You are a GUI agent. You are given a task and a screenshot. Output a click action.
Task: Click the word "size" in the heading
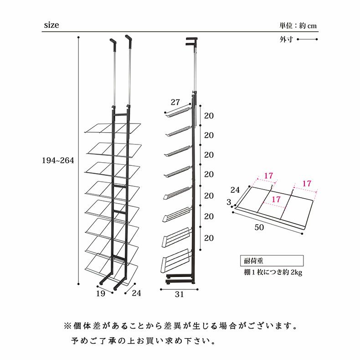tap(51, 25)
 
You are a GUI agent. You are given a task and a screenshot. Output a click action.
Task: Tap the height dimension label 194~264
tap(58, 160)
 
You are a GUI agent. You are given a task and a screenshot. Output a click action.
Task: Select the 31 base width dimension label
tap(179, 294)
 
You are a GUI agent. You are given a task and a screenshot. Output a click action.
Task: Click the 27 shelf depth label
tap(175, 102)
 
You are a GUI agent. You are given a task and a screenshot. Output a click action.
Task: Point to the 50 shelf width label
tap(259, 227)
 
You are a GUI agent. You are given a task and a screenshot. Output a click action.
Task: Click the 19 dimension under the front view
tap(101, 293)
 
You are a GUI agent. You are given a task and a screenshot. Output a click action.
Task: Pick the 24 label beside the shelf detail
tap(235, 190)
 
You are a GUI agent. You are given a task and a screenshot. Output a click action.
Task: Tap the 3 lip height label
tap(229, 202)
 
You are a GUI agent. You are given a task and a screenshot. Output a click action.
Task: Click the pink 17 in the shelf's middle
tap(276, 199)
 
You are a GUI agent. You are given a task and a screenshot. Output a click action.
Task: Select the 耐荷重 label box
tap(272, 261)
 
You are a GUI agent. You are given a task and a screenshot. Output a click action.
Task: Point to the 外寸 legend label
tap(286, 39)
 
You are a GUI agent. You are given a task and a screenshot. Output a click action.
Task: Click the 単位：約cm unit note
tap(298, 26)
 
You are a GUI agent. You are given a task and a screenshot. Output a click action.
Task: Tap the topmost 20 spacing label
tap(209, 115)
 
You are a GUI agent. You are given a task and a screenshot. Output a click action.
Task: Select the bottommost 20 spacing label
tap(209, 238)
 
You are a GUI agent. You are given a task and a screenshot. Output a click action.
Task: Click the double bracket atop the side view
tap(192, 41)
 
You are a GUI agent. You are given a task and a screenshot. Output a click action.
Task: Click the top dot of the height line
tap(78, 37)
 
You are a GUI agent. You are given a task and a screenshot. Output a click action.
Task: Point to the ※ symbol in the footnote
tap(67, 326)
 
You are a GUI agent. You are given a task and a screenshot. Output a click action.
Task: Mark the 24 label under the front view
tap(136, 293)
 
